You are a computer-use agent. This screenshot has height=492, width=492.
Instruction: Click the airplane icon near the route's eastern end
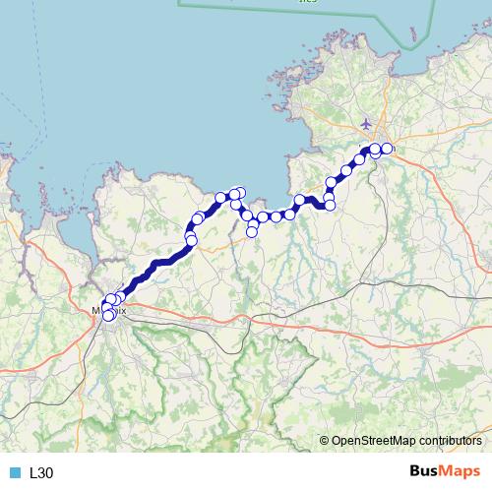tap(367, 125)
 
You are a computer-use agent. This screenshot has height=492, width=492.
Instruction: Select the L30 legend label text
tap(41, 473)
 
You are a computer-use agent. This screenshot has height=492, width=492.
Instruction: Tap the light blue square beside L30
tap(15, 473)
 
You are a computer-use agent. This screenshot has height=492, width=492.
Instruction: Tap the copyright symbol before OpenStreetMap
tap(325, 441)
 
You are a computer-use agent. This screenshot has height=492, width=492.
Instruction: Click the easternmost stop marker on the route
tap(387, 149)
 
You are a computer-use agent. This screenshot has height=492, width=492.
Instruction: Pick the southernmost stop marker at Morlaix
tap(107, 316)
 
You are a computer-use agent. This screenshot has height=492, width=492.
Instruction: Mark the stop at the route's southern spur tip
tap(252, 231)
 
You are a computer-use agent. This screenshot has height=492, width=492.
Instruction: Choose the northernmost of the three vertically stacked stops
tap(331, 183)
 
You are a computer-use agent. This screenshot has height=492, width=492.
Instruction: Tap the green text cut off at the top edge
tap(309, 3)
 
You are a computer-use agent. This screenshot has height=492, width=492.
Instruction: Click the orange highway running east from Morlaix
tap(197, 317)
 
